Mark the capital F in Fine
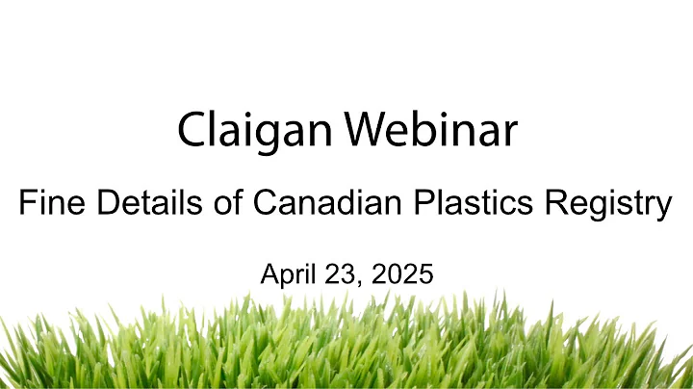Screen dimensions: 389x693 tap(28, 204)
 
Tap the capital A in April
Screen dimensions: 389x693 tap(269, 273)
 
